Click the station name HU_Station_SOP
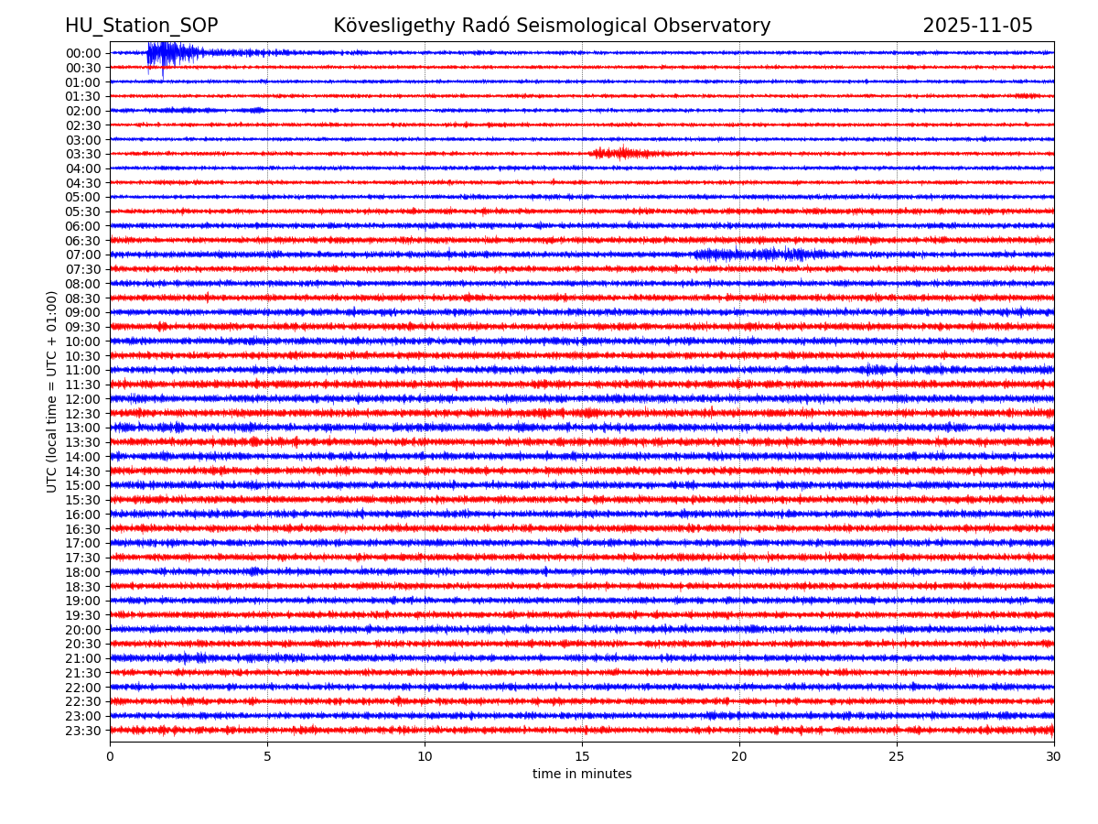click(x=141, y=26)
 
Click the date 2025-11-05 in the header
click(x=977, y=26)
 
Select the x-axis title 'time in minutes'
click(x=582, y=775)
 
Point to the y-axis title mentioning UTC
click(x=52, y=391)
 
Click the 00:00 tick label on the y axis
click(x=83, y=53)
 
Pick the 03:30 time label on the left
click(x=83, y=154)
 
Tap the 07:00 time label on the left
click(x=83, y=255)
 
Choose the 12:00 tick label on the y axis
click(x=83, y=399)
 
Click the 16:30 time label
click(x=83, y=529)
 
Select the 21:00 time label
click(x=83, y=658)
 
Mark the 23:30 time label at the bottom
click(x=83, y=731)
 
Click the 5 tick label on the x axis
click(x=267, y=756)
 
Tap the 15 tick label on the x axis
click(x=582, y=756)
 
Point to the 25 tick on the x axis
click(x=897, y=756)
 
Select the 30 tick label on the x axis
click(x=1054, y=756)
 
